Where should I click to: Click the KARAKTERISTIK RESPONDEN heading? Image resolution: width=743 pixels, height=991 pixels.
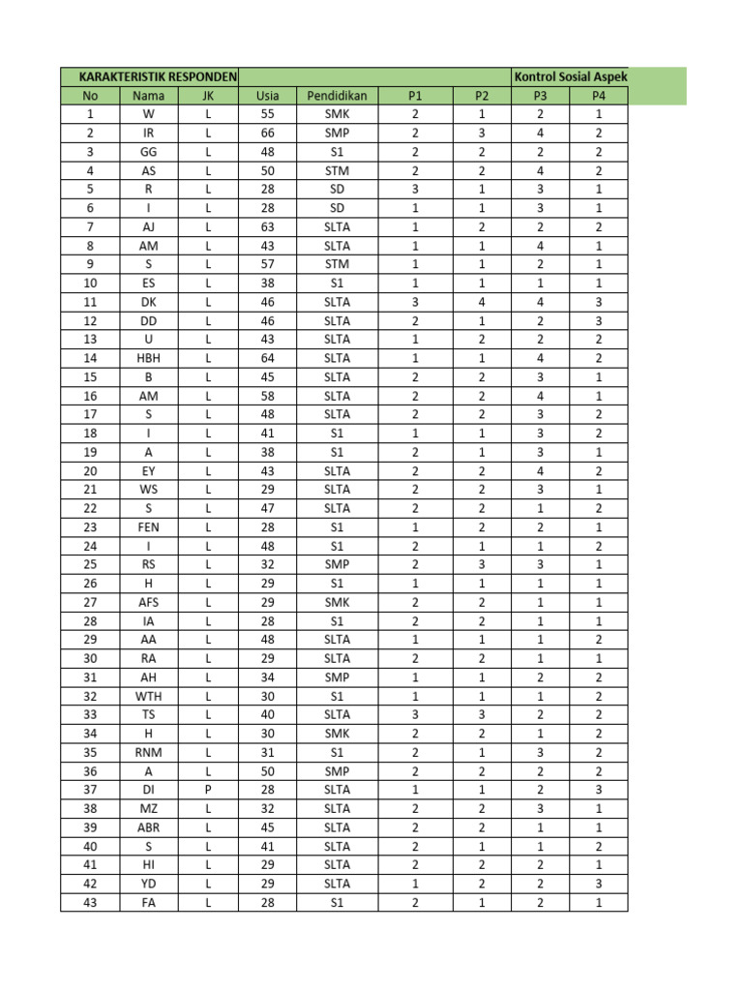point(149,76)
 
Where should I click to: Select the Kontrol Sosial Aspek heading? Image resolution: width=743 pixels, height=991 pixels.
point(572,76)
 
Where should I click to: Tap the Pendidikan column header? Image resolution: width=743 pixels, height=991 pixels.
point(337,96)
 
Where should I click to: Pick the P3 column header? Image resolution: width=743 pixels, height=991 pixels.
point(540,96)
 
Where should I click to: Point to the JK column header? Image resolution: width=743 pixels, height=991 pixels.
point(208,96)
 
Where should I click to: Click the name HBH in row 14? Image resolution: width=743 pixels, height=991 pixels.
point(148,359)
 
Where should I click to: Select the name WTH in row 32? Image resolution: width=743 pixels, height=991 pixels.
point(148,695)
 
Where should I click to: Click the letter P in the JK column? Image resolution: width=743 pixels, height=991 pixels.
point(208,789)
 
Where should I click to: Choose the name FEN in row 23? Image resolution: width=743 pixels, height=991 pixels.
point(148,527)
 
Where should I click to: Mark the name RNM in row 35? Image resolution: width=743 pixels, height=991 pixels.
point(148,751)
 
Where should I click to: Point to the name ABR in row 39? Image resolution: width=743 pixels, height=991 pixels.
point(148,826)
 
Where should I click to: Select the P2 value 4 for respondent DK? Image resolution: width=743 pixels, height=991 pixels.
point(482,302)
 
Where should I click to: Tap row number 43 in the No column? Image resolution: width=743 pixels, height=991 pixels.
point(90,902)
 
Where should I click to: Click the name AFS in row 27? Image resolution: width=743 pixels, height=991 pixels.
point(148,602)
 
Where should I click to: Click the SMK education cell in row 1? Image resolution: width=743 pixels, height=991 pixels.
point(337,114)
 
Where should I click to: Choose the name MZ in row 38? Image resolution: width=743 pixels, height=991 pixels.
point(148,808)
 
